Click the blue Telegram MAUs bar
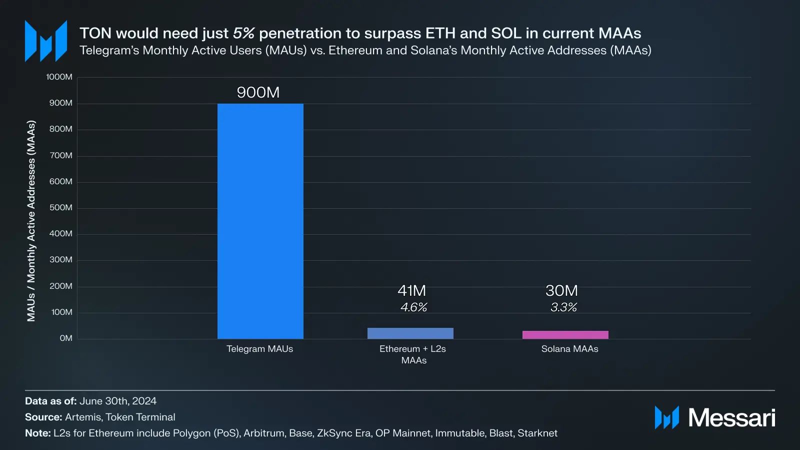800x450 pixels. click(x=260, y=221)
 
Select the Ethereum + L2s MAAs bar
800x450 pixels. click(x=410, y=333)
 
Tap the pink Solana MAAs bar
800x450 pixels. click(x=565, y=335)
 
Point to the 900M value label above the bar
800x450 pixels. click(x=258, y=93)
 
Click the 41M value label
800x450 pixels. click(x=411, y=290)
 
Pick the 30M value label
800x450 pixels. click(x=561, y=290)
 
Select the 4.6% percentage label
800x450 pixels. click(x=413, y=307)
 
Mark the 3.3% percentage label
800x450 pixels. click(x=563, y=307)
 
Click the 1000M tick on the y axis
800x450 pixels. click(x=59, y=77)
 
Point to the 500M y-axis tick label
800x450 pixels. click(x=60, y=208)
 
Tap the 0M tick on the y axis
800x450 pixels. click(x=66, y=338)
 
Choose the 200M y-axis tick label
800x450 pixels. click(x=60, y=286)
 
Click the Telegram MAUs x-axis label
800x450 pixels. click(x=259, y=349)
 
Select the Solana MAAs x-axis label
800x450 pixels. click(x=569, y=349)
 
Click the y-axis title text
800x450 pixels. click(x=31, y=221)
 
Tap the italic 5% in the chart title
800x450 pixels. click(x=243, y=34)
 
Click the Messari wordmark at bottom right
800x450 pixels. click(x=731, y=417)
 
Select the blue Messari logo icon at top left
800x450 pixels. click(x=46, y=41)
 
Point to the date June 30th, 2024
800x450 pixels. click(x=118, y=401)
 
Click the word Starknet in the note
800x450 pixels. click(x=537, y=433)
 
